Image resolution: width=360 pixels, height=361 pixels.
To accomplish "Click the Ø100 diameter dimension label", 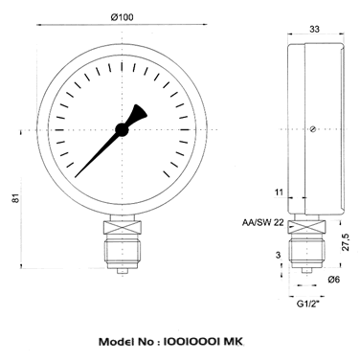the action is coord(123,17).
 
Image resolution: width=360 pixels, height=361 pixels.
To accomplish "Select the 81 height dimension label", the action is coord(16,198).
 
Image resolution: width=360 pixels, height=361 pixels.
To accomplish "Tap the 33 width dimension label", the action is coord(314,29).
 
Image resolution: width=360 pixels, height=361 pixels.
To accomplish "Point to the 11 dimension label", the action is coord(279,192).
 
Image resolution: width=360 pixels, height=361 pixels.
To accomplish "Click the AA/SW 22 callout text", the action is coord(263,222).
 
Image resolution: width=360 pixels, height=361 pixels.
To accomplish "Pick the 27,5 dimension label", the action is coord(347,242).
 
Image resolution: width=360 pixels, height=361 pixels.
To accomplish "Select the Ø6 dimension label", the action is coord(334,280).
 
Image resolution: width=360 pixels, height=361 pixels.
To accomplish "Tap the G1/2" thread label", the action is coord(308,304).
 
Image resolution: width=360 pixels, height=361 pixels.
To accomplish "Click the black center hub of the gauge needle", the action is coord(122,129).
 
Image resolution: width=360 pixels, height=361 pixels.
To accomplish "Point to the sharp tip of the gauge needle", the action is coord(76,177).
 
